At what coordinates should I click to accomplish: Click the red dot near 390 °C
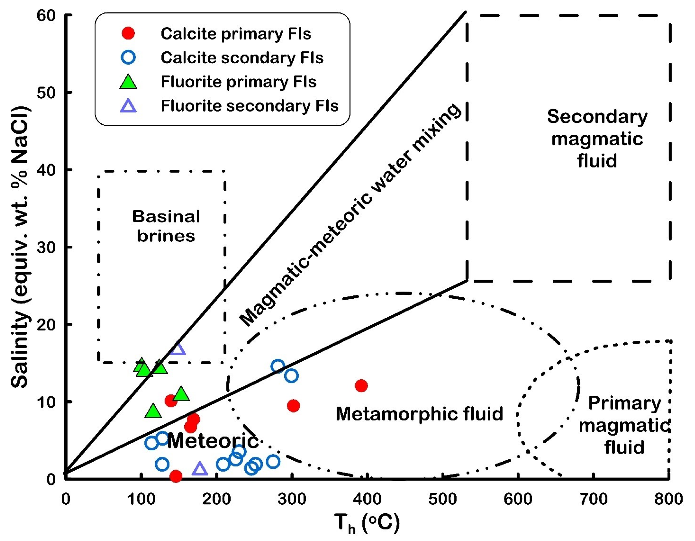[361, 386]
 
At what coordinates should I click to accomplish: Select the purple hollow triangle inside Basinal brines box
[178, 349]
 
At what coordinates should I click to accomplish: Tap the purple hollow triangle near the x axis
[200, 469]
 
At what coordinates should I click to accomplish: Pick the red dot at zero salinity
[176, 476]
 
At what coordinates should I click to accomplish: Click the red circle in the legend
[128, 33]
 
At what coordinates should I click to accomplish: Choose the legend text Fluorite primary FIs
[238, 82]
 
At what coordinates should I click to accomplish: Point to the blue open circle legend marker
[128, 58]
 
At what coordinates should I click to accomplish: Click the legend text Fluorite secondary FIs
[249, 106]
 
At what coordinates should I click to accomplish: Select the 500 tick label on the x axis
[443, 499]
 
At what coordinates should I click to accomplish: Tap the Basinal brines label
[166, 226]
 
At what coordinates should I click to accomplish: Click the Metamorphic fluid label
[419, 414]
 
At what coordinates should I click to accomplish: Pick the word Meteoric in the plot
[212, 441]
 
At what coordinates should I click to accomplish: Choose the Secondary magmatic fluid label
[597, 139]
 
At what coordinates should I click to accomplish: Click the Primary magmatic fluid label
[624, 425]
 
